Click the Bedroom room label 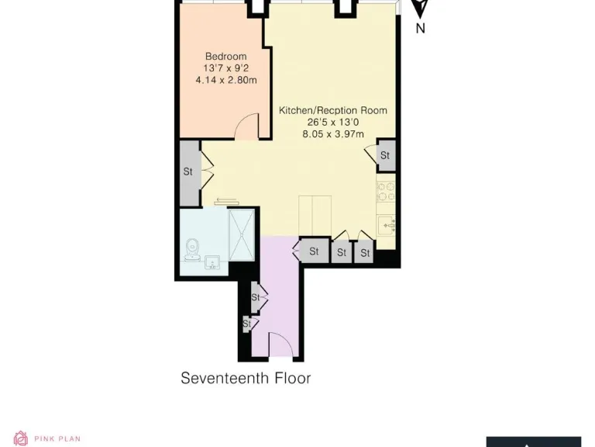click(225, 57)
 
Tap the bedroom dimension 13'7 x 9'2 click(225, 68)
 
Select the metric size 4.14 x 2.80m click(225, 80)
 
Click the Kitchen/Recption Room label click(333, 111)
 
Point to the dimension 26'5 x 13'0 click(333, 123)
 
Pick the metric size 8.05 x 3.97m click(333, 134)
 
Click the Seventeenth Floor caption click(246, 379)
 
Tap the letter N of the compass click(421, 29)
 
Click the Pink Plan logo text click(57, 439)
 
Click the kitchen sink click(386, 226)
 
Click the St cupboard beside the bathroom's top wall click(188, 172)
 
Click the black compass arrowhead click(420, 9)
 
